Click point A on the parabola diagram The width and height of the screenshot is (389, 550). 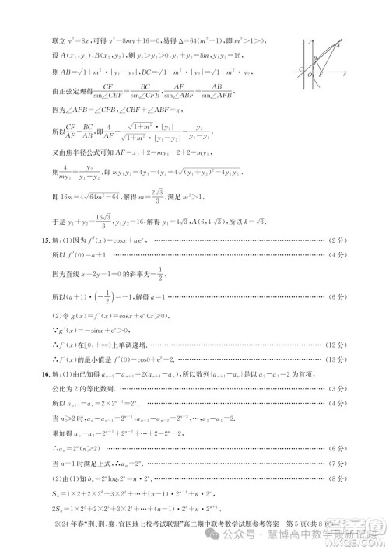pyautogui.click(x=338, y=45)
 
